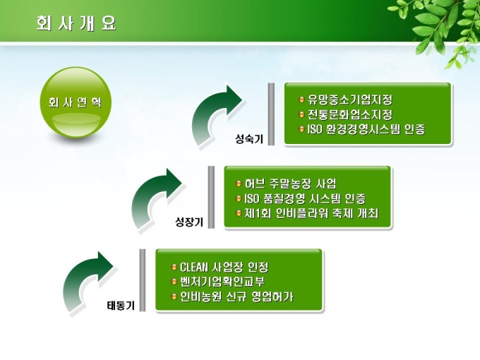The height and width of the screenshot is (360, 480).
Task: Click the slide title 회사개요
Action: (x=76, y=23)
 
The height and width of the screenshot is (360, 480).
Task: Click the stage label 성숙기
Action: (x=249, y=139)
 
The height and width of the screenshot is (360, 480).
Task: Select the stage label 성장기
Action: (x=189, y=222)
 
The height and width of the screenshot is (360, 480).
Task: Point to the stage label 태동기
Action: (x=121, y=306)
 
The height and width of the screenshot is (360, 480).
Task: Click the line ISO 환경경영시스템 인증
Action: (x=366, y=129)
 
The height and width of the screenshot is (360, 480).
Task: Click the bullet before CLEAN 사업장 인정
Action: (x=174, y=267)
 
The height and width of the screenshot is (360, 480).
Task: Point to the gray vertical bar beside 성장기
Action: (x=211, y=197)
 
